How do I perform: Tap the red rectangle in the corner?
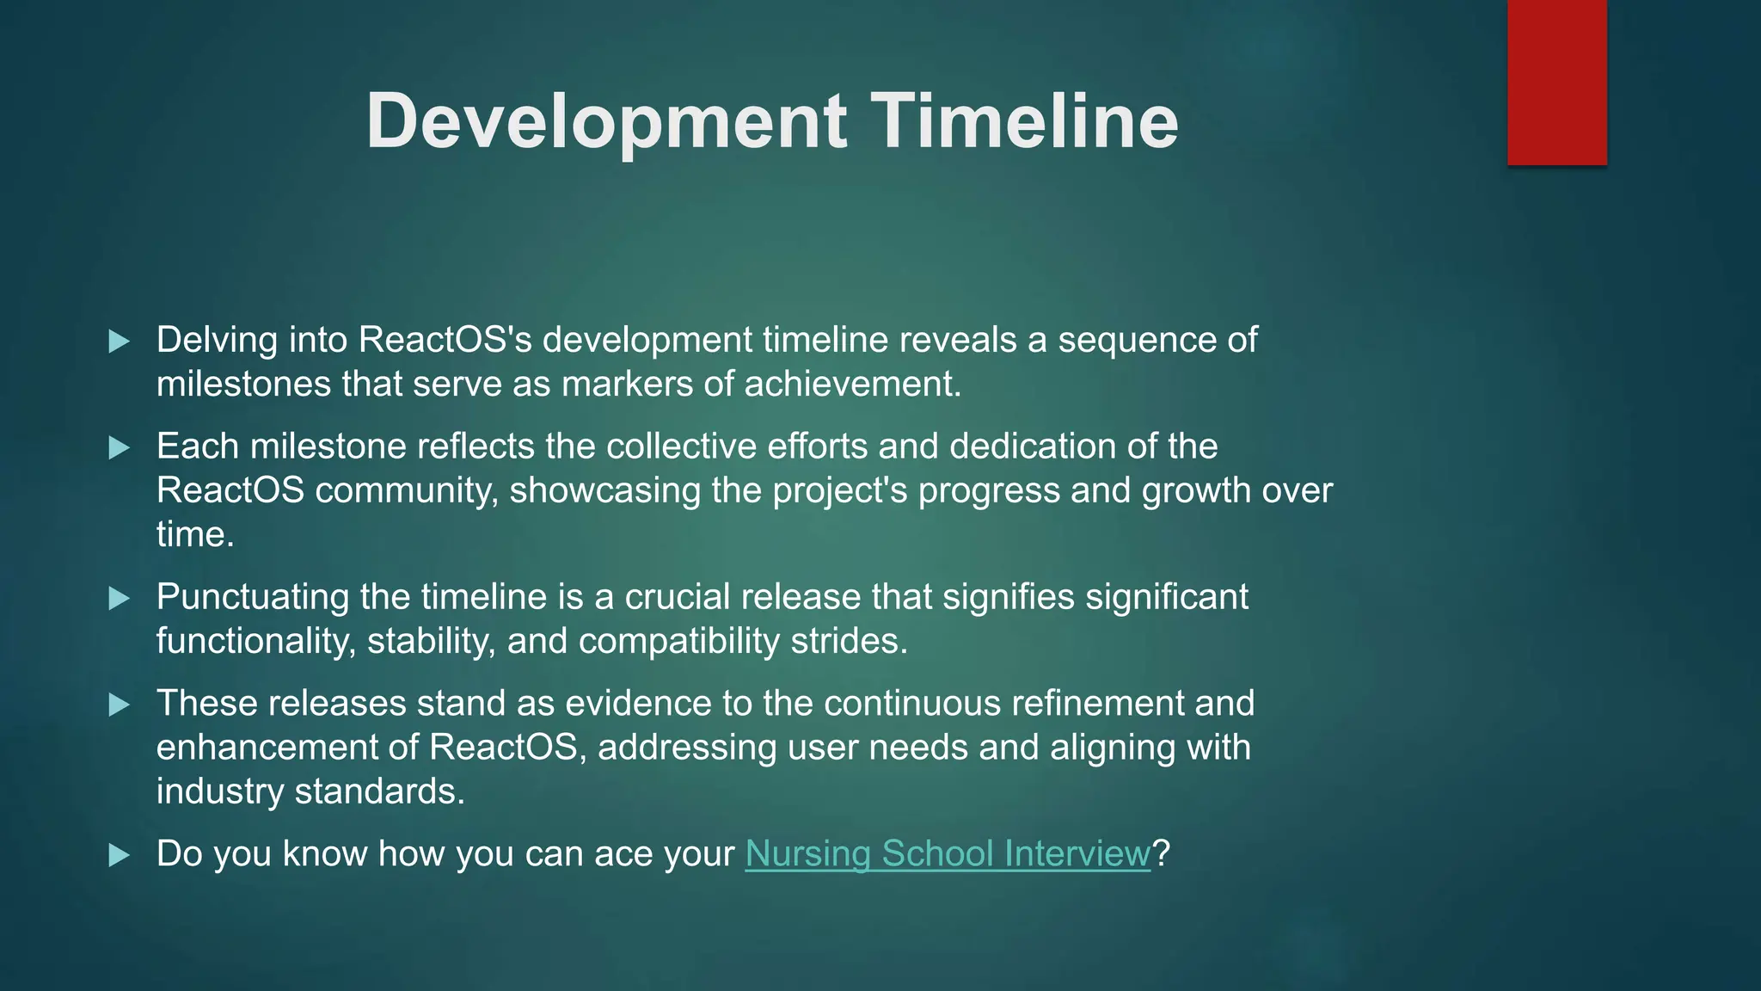coord(1556,82)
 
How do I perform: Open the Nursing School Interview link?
coord(947,854)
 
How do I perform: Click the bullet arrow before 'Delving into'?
coord(120,342)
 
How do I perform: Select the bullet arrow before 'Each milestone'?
coord(120,447)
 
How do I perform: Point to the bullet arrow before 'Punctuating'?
coord(120,598)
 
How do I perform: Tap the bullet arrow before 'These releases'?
coord(120,705)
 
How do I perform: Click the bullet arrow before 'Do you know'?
coord(120,855)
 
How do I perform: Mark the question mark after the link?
coord(1161,854)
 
